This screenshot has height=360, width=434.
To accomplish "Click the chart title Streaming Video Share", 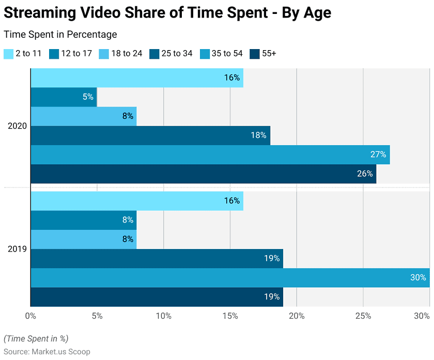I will (x=167, y=13).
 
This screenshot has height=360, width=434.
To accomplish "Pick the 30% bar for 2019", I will (x=230, y=277).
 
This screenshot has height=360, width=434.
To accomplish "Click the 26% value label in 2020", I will (x=365, y=174).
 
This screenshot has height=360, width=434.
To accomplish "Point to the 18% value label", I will (x=258, y=135).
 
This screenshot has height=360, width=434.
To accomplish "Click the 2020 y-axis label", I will (x=17, y=126).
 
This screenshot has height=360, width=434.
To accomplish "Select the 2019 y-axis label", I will (x=17, y=249).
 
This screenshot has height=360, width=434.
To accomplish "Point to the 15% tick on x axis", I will (x=230, y=315).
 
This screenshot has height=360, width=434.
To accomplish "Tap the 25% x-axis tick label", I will (x=363, y=315).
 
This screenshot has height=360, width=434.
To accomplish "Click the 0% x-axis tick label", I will (x=30, y=315).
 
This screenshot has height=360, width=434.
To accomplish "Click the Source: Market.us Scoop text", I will (x=47, y=352).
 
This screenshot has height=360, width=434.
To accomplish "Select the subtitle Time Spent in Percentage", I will (x=60, y=35).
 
